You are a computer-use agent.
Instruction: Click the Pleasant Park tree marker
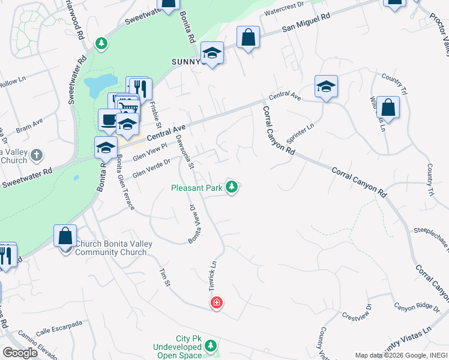pos(232,187)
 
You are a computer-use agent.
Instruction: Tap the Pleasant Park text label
pos(197,188)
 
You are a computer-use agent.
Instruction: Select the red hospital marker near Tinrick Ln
pos(217,304)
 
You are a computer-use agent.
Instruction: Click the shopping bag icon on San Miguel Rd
pos(248,38)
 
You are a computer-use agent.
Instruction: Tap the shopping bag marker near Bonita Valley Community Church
pos(65,236)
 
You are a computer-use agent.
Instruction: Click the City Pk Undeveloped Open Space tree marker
pos(211,346)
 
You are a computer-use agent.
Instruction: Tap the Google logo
pos(20,353)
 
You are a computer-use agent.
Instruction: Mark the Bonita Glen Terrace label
pos(125,182)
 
